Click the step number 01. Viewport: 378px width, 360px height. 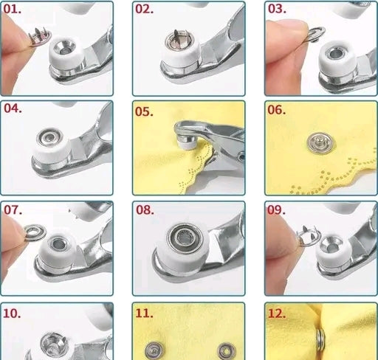(x=12, y=9)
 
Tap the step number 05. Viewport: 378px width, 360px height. (x=144, y=111)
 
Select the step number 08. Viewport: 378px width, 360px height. (x=145, y=210)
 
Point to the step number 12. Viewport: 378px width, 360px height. (x=277, y=314)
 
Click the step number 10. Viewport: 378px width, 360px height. (x=12, y=314)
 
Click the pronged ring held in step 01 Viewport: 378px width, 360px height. (x=39, y=36)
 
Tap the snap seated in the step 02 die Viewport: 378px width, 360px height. (x=179, y=40)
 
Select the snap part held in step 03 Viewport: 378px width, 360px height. (x=315, y=35)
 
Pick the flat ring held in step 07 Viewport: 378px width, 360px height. (x=35, y=232)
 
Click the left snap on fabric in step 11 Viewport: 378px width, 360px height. (x=154, y=350)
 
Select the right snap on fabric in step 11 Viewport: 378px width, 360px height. (x=227, y=351)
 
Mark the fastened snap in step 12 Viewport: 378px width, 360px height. (x=321, y=340)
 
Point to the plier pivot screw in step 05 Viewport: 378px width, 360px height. (x=241, y=156)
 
